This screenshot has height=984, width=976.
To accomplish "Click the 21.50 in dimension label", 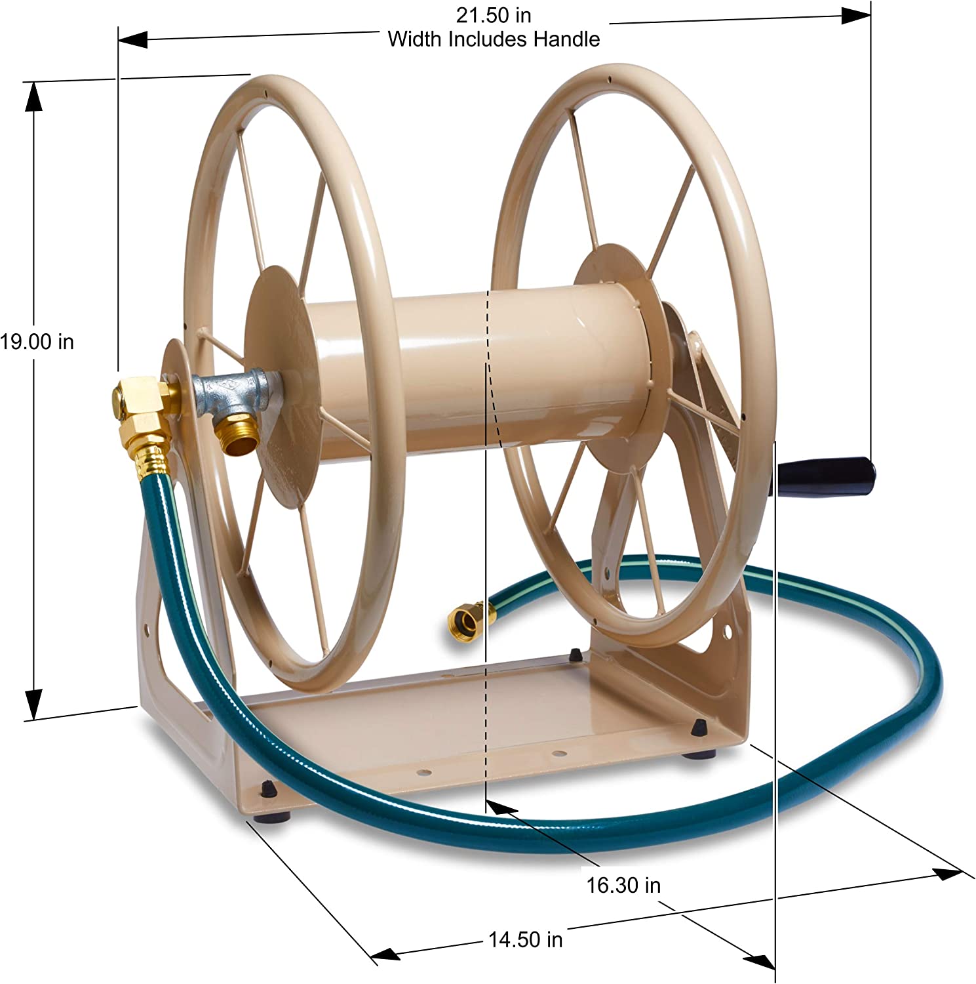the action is pos(494,14).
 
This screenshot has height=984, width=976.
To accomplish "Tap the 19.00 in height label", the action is pos(37,342).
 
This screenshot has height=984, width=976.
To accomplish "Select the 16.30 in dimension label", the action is pos(623,886).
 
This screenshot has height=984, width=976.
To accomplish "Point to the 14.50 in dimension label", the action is pos(526,940).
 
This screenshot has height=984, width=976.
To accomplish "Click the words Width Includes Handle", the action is pos(494,39).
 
